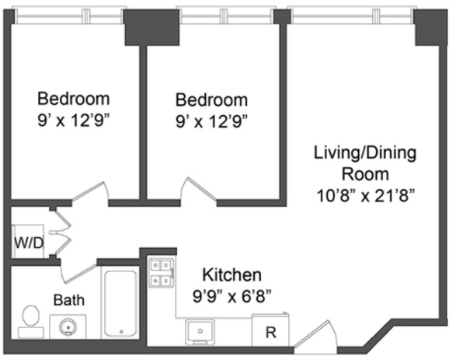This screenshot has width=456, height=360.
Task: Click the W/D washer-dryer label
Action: click(x=29, y=243)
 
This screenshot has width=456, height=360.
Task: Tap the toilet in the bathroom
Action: click(x=31, y=322)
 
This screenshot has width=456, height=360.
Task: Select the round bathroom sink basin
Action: click(x=68, y=327)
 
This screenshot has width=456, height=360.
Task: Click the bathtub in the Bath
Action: click(x=120, y=303)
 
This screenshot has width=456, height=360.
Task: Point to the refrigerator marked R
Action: click(x=271, y=330)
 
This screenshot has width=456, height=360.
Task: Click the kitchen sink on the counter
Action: click(x=200, y=331)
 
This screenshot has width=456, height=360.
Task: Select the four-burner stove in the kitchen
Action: click(x=162, y=273)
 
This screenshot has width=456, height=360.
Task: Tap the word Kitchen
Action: click(x=231, y=274)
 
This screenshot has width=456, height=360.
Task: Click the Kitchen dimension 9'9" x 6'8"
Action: click(x=231, y=297)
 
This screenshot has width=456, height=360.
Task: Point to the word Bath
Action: click(x=69, y=300)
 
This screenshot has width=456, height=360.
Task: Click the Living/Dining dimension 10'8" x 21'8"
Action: click(x=365, y=196)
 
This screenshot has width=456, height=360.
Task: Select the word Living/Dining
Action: click(x=365, y=153)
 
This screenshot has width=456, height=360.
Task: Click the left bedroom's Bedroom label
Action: click(x=74, y=99)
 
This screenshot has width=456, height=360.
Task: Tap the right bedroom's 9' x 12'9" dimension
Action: click(x=211, y=121)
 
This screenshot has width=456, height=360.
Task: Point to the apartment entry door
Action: click(x=315, y=334)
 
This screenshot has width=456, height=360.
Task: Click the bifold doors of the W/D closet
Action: click(x=61, y=232)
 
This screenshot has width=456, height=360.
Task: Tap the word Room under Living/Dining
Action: click(x=365, y=174)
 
